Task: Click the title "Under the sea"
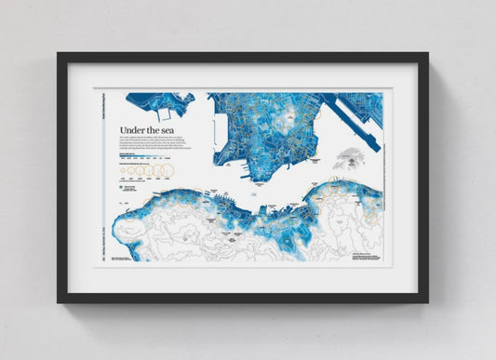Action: click(148, 132)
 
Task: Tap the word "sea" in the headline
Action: click(168, 132)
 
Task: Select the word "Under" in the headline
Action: click(133, 132)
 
